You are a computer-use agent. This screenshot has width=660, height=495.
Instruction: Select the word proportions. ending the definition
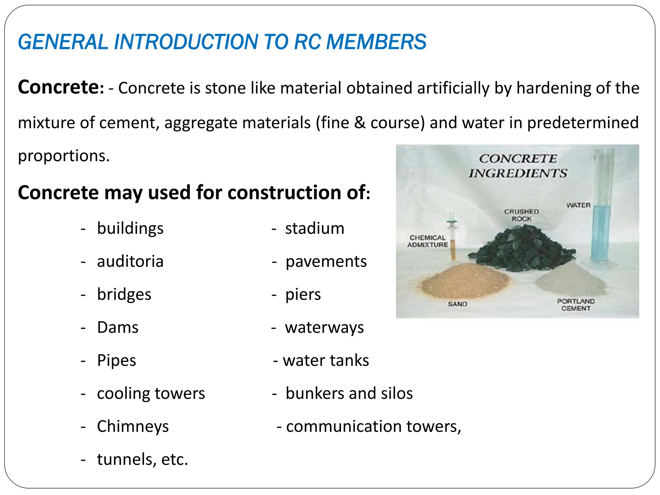(x=64, y=156)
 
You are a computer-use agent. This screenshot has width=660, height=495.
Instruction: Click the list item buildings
(x=130, y=228)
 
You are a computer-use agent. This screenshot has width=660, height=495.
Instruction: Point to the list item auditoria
(x=130, y=261)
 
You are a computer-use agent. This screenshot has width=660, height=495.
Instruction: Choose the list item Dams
(x=118, y=327)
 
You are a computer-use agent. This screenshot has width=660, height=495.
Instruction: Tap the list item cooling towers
(x=151, y=393)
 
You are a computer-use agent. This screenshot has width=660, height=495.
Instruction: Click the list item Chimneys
(x=133, y=426)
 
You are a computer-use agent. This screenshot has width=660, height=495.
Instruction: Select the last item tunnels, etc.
(x=142, y=459)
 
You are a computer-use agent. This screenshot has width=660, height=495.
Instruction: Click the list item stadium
(x=315, y=228)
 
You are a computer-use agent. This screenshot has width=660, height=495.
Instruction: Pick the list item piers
(x=303, y=295)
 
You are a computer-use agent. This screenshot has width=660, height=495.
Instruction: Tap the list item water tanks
(x=325, y=360)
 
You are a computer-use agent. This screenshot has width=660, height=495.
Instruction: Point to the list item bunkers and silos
(x=349, y=393)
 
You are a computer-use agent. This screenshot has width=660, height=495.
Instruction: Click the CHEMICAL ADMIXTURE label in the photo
(x=427, y=241)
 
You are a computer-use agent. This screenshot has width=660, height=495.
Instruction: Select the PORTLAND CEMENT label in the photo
(x=576, y=305)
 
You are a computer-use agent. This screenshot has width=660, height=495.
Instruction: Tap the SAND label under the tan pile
(x=457, y=304)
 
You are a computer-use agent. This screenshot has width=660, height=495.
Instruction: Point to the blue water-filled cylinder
(x=601, y=232)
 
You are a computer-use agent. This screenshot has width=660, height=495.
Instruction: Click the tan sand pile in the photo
(x=464, y=280)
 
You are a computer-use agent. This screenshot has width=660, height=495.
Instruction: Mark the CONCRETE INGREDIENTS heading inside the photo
(x=518, y=166)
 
